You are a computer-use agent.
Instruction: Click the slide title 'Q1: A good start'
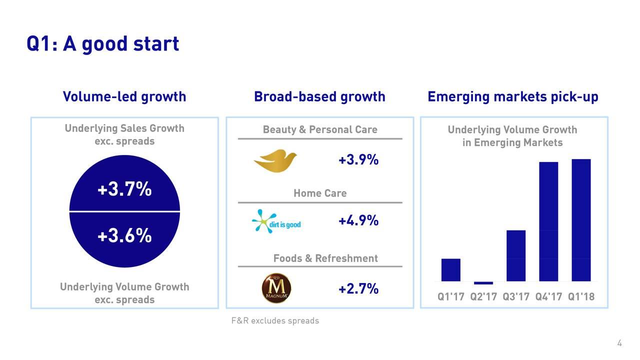tap(102, 44)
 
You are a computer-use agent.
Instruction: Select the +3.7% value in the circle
tap(124, 190)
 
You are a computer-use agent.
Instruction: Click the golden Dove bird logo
tap(275, 160)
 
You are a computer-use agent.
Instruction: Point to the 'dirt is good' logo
tap(276, 221)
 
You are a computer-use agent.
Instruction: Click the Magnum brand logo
tap(276, 288)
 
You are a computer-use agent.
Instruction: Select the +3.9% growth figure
tap(358, 160)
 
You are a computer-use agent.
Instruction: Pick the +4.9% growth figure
tap(358, 220)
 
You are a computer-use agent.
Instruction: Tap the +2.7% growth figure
tap(358, 289)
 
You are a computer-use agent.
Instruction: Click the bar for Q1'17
tap(450, 270)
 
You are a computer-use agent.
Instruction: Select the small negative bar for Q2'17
tap(483, 283)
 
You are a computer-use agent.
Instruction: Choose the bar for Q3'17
tap(515, 255)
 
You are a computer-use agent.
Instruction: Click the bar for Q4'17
tap(548, 221)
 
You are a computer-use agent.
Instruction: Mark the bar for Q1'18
tap(581, 220)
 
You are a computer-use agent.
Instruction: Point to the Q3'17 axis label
tap(516, 297)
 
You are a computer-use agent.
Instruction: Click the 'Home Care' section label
tap(320, 193)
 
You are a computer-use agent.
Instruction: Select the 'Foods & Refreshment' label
tap(325, 258)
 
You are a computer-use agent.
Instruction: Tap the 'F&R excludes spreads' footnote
tap(275, 320)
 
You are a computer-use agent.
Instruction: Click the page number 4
tap(619, 343)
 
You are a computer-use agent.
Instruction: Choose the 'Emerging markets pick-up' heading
tap(512, 96)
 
